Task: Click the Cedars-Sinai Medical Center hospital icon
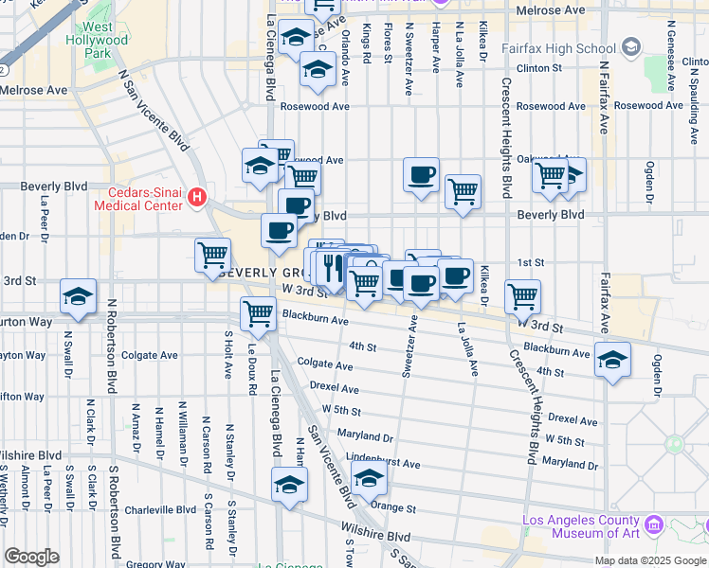197,198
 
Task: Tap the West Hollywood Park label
97,41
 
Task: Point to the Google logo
30,557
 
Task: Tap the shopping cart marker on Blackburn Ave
258,313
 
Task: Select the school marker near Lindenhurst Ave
370,480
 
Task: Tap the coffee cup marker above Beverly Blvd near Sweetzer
421,175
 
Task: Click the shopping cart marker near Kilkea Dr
523,296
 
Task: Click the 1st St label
530,262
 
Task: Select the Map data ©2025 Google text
649,560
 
